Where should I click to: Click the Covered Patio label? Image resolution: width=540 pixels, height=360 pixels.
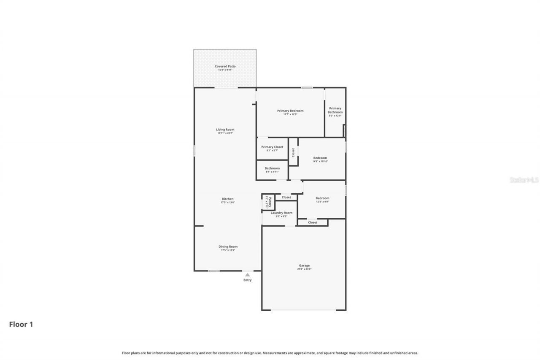click(225, 66)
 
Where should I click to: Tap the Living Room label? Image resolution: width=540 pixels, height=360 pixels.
click(225, 130)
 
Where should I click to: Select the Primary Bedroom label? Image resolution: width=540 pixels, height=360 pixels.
click(290, 111)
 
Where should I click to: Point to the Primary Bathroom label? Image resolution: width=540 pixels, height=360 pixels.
click(335, 110)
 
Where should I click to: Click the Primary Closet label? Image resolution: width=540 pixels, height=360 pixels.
click(272, 147)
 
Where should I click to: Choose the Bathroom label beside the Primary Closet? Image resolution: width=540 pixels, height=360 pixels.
click(272, 168)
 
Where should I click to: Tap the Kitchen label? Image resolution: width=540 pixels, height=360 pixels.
click(228, 199)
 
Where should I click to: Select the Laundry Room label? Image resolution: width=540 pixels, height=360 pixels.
click(281, 213)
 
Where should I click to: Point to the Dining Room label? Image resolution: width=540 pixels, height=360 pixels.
click(228, 246)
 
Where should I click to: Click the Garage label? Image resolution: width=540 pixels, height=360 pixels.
click(304, 265)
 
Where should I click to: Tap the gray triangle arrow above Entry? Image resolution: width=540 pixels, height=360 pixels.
click(248, 275)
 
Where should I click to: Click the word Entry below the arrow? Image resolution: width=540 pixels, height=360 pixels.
click(248, 280)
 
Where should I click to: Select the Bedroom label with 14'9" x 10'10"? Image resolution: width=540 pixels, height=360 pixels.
click(320, 158)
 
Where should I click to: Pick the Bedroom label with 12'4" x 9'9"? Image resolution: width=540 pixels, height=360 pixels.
click(322, 198)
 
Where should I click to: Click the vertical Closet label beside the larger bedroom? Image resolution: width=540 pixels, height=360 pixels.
click(293, 152)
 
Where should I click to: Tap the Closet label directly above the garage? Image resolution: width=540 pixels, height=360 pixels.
click(313, 222)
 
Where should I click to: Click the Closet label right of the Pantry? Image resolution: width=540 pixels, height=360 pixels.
click(286, 197)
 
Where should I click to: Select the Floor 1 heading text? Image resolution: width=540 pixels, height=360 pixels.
click(21, 325)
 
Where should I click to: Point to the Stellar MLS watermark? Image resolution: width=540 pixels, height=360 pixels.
click(524, 180)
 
